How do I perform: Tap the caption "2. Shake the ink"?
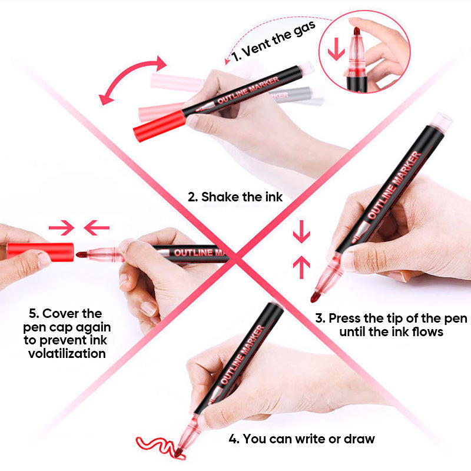[235, 197]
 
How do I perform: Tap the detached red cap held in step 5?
[40, 251]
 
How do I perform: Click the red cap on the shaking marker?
[159, 125]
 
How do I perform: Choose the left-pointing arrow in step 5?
[97, 226]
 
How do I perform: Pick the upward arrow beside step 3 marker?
[301, 268]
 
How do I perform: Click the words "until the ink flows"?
[392, 332]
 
